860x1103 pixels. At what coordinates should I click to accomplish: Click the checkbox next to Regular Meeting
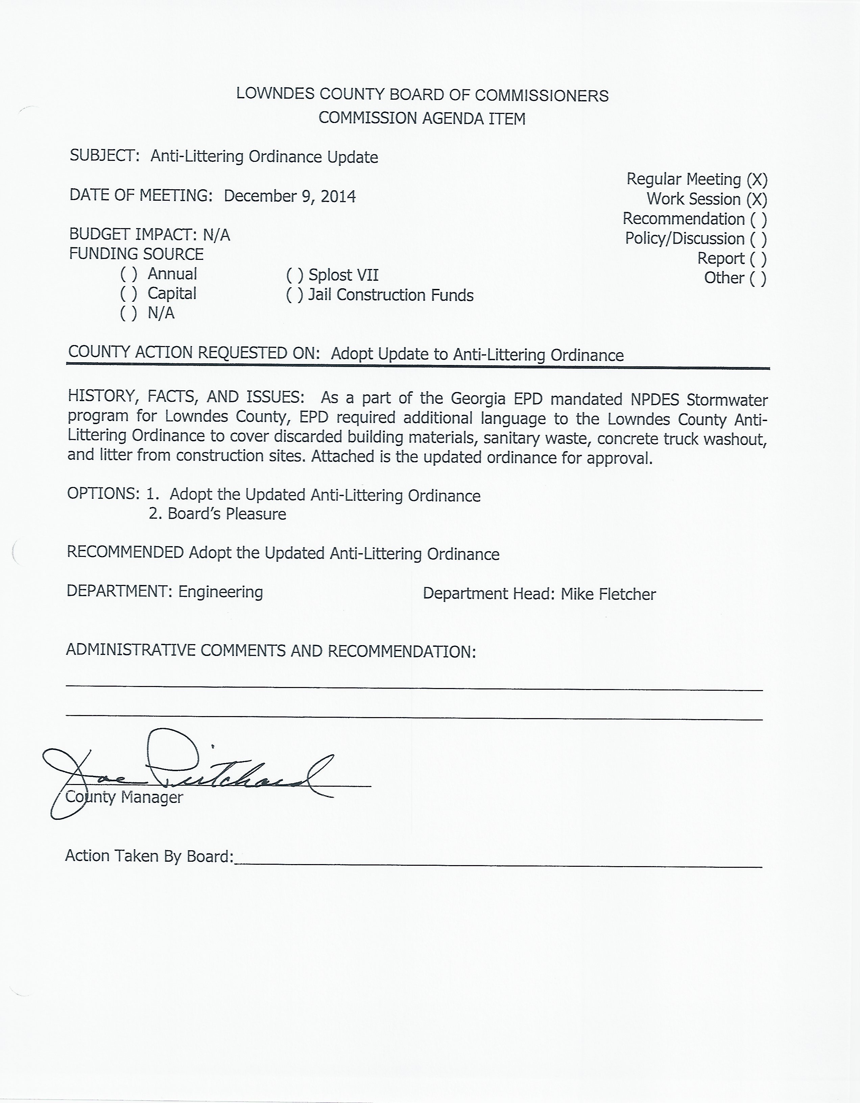(757, 180)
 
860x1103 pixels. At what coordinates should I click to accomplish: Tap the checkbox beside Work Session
(757, 199)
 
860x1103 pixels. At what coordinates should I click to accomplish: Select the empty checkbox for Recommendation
(759, 219)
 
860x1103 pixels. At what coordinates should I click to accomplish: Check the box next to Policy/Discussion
(759, 239)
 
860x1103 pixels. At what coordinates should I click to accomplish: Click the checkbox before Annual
(128, 274)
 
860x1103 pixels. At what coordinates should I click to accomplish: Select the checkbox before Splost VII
(294, 276)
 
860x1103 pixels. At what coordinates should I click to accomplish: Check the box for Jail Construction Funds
(294, 295)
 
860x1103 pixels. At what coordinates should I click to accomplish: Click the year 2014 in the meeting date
(338, 196)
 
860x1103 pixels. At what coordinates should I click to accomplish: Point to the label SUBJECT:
(104, 155)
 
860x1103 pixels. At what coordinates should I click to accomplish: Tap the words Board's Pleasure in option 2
(227, 514)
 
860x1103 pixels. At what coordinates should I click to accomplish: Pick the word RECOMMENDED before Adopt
(125, 553)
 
